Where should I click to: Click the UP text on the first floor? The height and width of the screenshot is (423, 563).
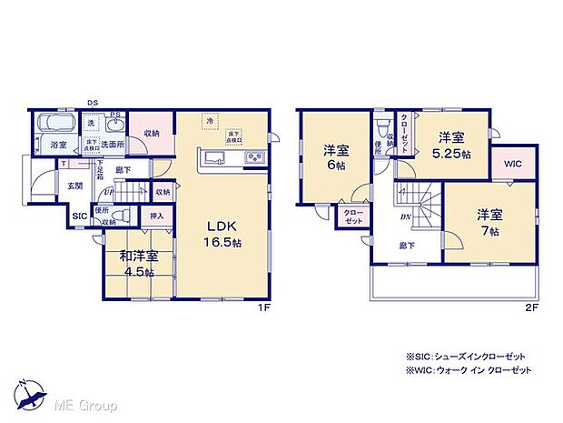109,192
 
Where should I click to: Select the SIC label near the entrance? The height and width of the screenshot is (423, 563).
80,217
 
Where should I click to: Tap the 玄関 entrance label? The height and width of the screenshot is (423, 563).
74,186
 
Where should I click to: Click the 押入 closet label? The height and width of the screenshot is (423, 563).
157,217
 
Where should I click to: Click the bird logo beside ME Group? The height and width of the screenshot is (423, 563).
33,395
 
